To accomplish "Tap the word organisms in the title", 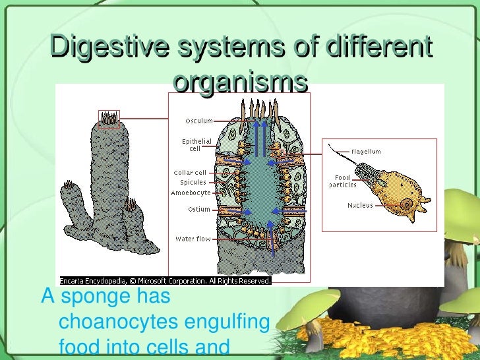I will click(241, 82).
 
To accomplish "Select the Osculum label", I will click(198, 121).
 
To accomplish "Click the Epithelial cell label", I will click(197, 144).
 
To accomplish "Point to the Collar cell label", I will click(190, 173).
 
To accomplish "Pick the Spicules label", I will click(193, 182).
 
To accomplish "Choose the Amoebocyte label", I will click(191, 193).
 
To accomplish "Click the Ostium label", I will click(198, 210).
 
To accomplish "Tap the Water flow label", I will click(193, 239).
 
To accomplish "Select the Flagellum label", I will click(366, 152).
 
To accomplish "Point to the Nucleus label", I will click(360, 205).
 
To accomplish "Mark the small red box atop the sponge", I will click(109, 117).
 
